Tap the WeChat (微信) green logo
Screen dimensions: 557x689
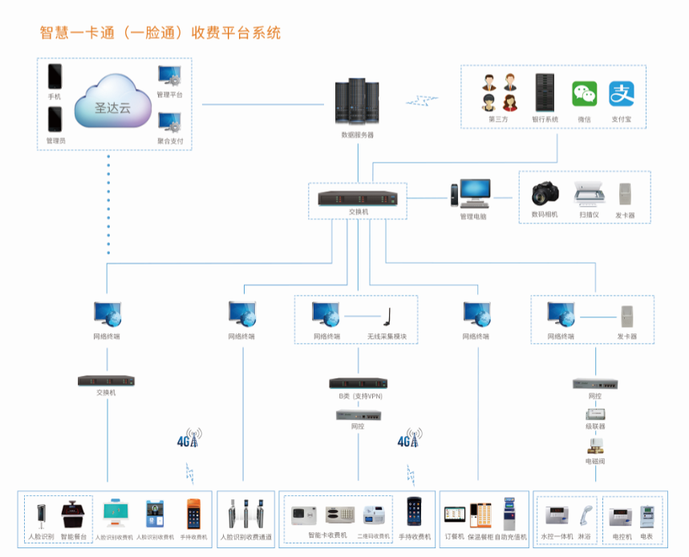click(x=584, y=94)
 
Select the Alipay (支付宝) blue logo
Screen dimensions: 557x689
click(x=622, y=94)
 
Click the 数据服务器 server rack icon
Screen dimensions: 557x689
click(x=357, y=102)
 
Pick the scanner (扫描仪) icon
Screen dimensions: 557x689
click(x=589, y=195)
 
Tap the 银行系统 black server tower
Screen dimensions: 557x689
click(x=545, y=92)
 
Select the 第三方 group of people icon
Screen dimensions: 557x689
click(x=499, y=92)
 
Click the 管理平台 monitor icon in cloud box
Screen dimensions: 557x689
click(x=169, y=77)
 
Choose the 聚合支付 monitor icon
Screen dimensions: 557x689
click(x=169, y=123)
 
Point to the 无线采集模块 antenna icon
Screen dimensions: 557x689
click(x=385, y=316)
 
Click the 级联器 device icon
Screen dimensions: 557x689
click(x=595, y=413)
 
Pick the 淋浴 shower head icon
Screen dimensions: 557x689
click(x=585, y=514)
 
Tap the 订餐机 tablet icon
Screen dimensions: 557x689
click(x=455, y=515)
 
